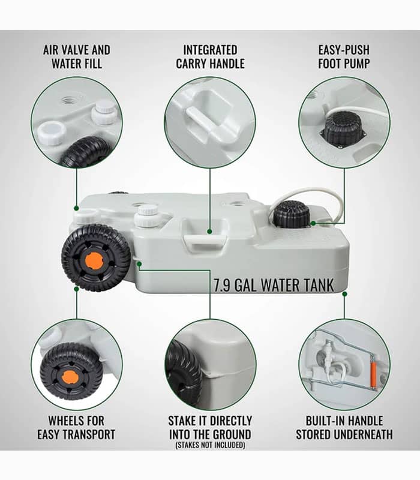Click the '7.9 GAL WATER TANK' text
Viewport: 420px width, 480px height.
274,286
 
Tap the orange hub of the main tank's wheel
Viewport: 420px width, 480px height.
94,261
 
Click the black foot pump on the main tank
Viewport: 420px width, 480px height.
292,214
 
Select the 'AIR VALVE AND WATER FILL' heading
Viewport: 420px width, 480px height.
77,56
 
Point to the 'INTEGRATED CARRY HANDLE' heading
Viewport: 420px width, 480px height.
210,56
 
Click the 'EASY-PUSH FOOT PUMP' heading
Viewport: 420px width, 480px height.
344,56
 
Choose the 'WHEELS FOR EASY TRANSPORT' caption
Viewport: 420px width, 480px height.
76,427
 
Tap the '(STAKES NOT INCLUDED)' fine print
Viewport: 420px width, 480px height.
211,445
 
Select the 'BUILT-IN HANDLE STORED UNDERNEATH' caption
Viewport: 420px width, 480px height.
344,427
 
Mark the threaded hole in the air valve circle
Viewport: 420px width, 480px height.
70,99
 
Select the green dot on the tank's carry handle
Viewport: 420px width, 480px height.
209,232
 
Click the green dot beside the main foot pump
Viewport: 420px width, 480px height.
313,223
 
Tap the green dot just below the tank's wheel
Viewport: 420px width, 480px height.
77,289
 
